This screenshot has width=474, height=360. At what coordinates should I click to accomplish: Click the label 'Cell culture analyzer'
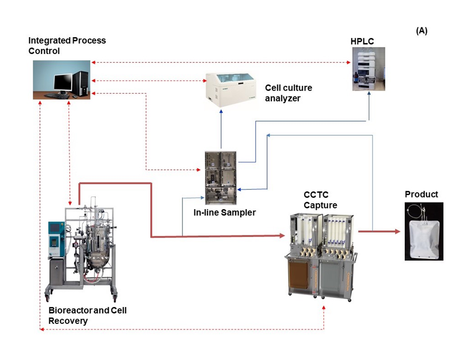click(x=288, y=93)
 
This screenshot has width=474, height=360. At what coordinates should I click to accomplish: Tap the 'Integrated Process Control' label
click(x=67, y=46)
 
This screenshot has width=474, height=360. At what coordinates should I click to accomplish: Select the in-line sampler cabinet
click(x=221, y=173)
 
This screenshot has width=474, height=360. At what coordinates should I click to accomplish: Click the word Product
click(x=421, y=194)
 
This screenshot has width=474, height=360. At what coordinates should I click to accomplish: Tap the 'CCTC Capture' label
click(x=320, y=199)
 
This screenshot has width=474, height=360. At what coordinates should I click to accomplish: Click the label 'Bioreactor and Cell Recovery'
click(x=87, y=315)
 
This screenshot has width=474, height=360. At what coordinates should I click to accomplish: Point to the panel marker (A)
click(x=422, y=31)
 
